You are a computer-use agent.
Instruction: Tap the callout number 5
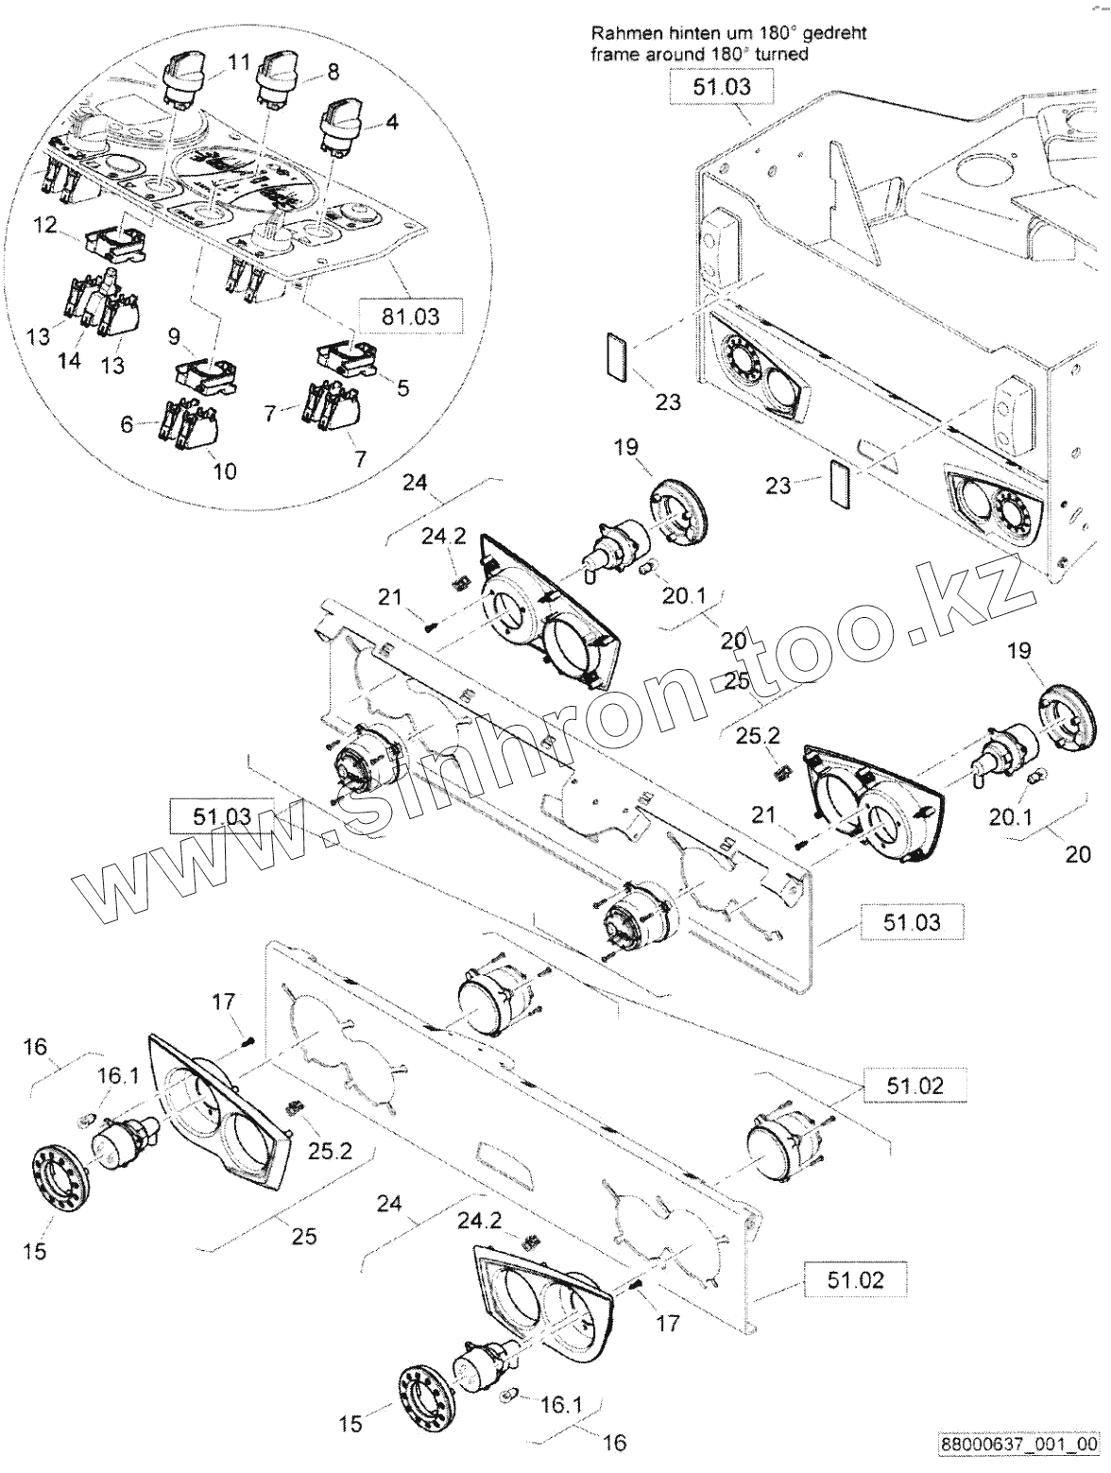point(403,387)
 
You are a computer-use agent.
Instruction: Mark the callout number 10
point(225,470)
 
